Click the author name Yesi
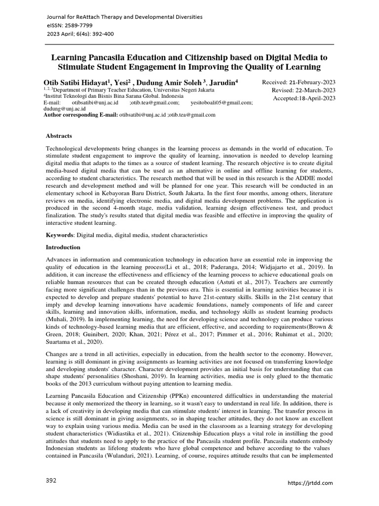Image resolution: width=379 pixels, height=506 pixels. pyautogui.click(x=128, y=82)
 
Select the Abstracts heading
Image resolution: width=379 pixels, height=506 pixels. pyautogui.click(x=59, y=135)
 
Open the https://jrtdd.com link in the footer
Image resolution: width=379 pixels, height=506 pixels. pyautogui.click(x=310, y=482)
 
